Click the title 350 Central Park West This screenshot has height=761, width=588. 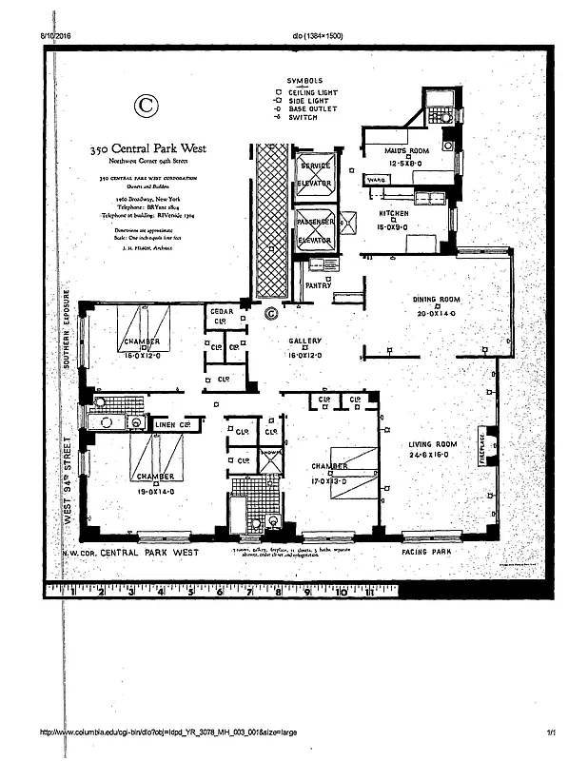[x=147, y=148]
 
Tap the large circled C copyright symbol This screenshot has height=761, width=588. [x=146, y=105]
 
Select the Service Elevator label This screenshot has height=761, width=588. [x=314, y=173]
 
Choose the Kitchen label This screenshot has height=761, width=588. [x=394, y=213]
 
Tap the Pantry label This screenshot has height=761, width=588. [x=318, y=284]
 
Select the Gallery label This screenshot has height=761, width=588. [x=305, y=341]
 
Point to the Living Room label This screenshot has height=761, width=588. [x=434, y=444]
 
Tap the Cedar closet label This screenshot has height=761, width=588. [x=221, y=311]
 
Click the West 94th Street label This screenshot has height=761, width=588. [x=68, y=480]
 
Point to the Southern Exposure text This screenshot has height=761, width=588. [x=68, y=328]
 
